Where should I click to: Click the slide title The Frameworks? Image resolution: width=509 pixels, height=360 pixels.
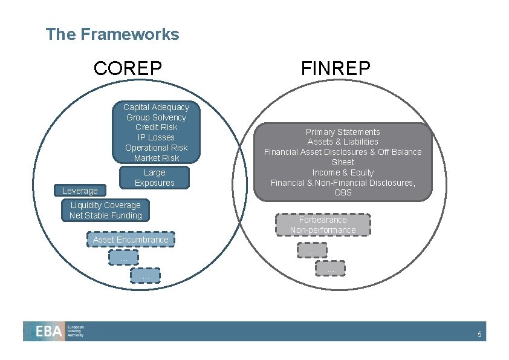(112, 34)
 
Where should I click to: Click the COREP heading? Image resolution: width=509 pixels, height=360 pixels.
(128, 68)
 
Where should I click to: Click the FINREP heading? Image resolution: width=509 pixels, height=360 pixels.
(336, 68)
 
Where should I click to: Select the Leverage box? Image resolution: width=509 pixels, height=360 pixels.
(80, 191)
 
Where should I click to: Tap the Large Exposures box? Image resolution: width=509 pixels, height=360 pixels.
(154, 177)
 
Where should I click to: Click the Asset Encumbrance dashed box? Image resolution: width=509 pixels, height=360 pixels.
(131, 240)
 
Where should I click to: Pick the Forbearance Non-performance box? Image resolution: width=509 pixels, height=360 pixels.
(323, 224)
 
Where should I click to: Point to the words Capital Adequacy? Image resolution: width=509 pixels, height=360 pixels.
(156, 107)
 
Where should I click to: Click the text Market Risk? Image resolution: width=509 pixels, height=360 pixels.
(156, 158)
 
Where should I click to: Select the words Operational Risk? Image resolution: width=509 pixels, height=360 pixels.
(156, 148)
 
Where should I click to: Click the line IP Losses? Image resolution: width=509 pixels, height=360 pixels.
(156, 137)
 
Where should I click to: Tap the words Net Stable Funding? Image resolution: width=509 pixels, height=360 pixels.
(106, 215)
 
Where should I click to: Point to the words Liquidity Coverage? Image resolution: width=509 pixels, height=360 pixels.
(105, 205)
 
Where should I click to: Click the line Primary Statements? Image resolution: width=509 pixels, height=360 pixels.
(343, 132)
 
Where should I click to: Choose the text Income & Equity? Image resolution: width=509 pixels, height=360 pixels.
(343, 172)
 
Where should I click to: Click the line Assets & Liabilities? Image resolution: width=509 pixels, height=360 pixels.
(343, 142)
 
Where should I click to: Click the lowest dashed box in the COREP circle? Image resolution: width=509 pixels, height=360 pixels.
(145, 275)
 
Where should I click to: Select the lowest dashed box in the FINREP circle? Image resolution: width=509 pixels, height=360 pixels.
(330, 268)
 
